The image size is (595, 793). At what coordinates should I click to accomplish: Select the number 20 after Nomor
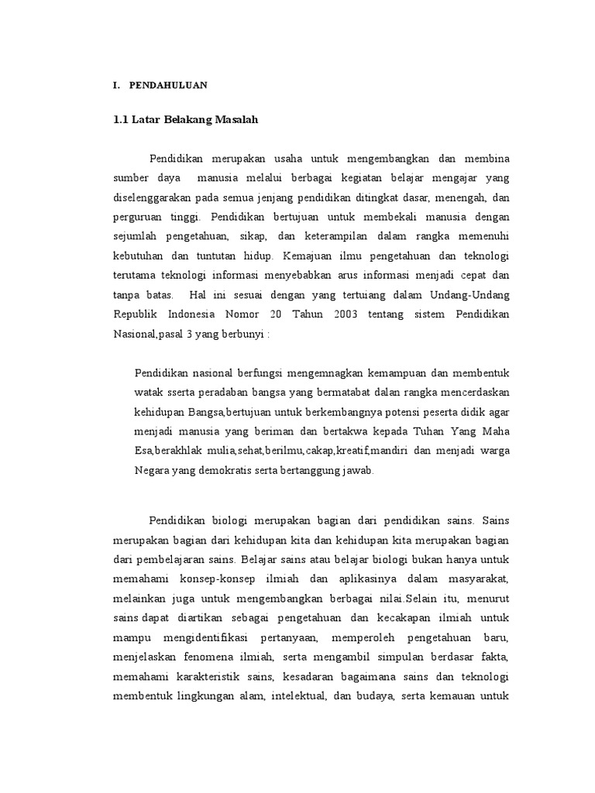[x=291, y=313]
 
